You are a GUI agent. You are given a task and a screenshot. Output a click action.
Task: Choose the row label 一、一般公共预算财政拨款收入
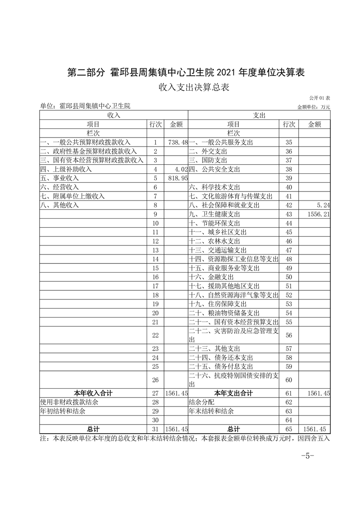click(x=85, y=142)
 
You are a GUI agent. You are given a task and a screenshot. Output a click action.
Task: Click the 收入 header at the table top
click(x=113, y=116)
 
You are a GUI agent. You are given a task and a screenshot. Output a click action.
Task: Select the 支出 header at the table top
click(x=259, y=116)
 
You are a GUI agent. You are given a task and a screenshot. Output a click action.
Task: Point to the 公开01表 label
click(x=320, y=98)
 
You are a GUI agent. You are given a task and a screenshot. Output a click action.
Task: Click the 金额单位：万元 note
click(x=313, y=107)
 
